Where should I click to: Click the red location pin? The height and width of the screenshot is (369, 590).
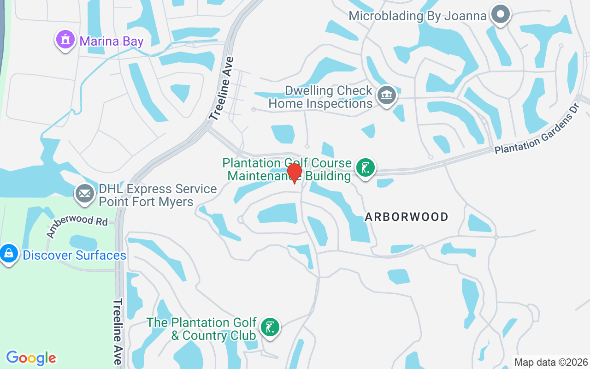295,173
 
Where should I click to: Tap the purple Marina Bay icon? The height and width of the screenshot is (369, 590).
65,40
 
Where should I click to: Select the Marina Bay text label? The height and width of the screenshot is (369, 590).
112,41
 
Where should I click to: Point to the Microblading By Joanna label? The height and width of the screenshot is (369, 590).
417,16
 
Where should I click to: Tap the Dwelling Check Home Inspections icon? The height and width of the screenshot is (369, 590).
386,95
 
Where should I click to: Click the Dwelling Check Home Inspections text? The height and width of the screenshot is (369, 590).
321,97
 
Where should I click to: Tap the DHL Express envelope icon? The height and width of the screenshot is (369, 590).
84,194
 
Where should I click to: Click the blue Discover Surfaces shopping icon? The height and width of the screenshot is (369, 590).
9,253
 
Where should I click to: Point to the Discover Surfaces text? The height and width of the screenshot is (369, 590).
74,255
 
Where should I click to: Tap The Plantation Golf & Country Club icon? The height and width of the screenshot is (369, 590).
270,327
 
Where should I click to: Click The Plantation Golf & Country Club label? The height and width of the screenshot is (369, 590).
202,329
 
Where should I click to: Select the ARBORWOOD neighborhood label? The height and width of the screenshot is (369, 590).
407,217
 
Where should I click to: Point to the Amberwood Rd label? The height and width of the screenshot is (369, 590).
77,226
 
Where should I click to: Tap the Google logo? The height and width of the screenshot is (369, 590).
31,358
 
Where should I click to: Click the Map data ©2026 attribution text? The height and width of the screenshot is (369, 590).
551,362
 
